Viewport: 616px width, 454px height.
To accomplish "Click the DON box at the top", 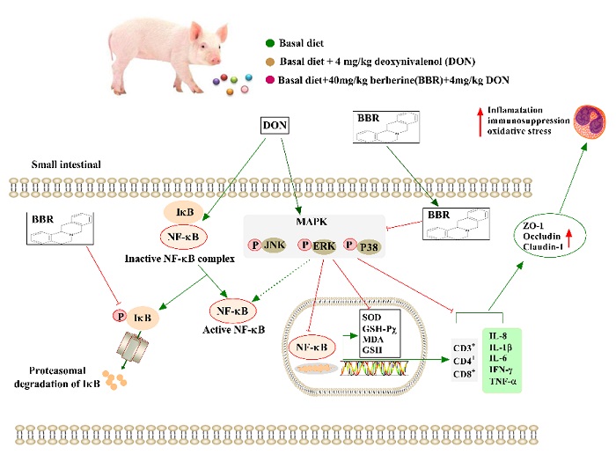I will (x=276, y=125).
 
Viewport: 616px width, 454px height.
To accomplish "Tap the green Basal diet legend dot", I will (x=270, y=41).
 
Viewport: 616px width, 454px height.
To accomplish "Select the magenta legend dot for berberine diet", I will (x=270, y=79).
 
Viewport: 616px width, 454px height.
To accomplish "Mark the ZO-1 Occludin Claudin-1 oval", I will (x=535, y=238).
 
